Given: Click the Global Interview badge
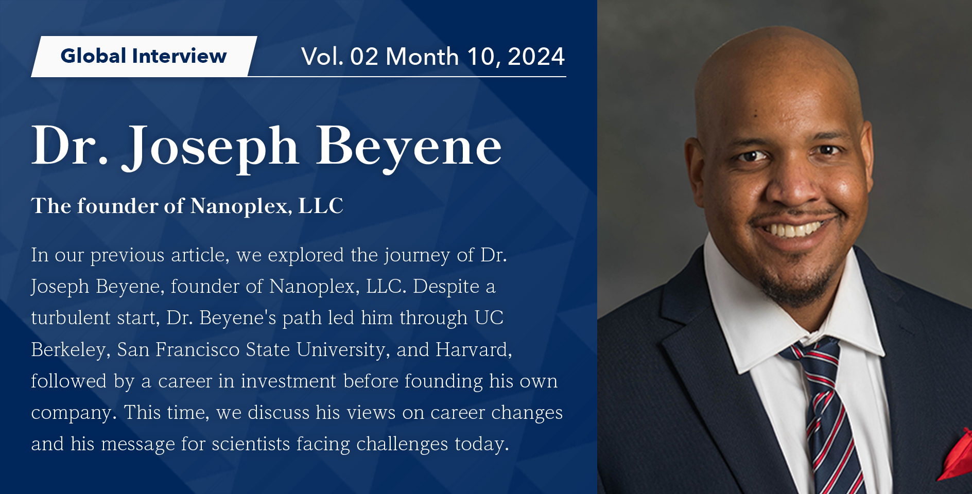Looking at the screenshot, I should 144,56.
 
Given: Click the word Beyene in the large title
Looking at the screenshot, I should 409,147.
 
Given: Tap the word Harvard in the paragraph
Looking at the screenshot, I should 473,350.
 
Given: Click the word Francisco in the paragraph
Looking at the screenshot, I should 198,350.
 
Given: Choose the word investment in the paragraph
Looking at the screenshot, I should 288,381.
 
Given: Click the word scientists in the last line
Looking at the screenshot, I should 251,444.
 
